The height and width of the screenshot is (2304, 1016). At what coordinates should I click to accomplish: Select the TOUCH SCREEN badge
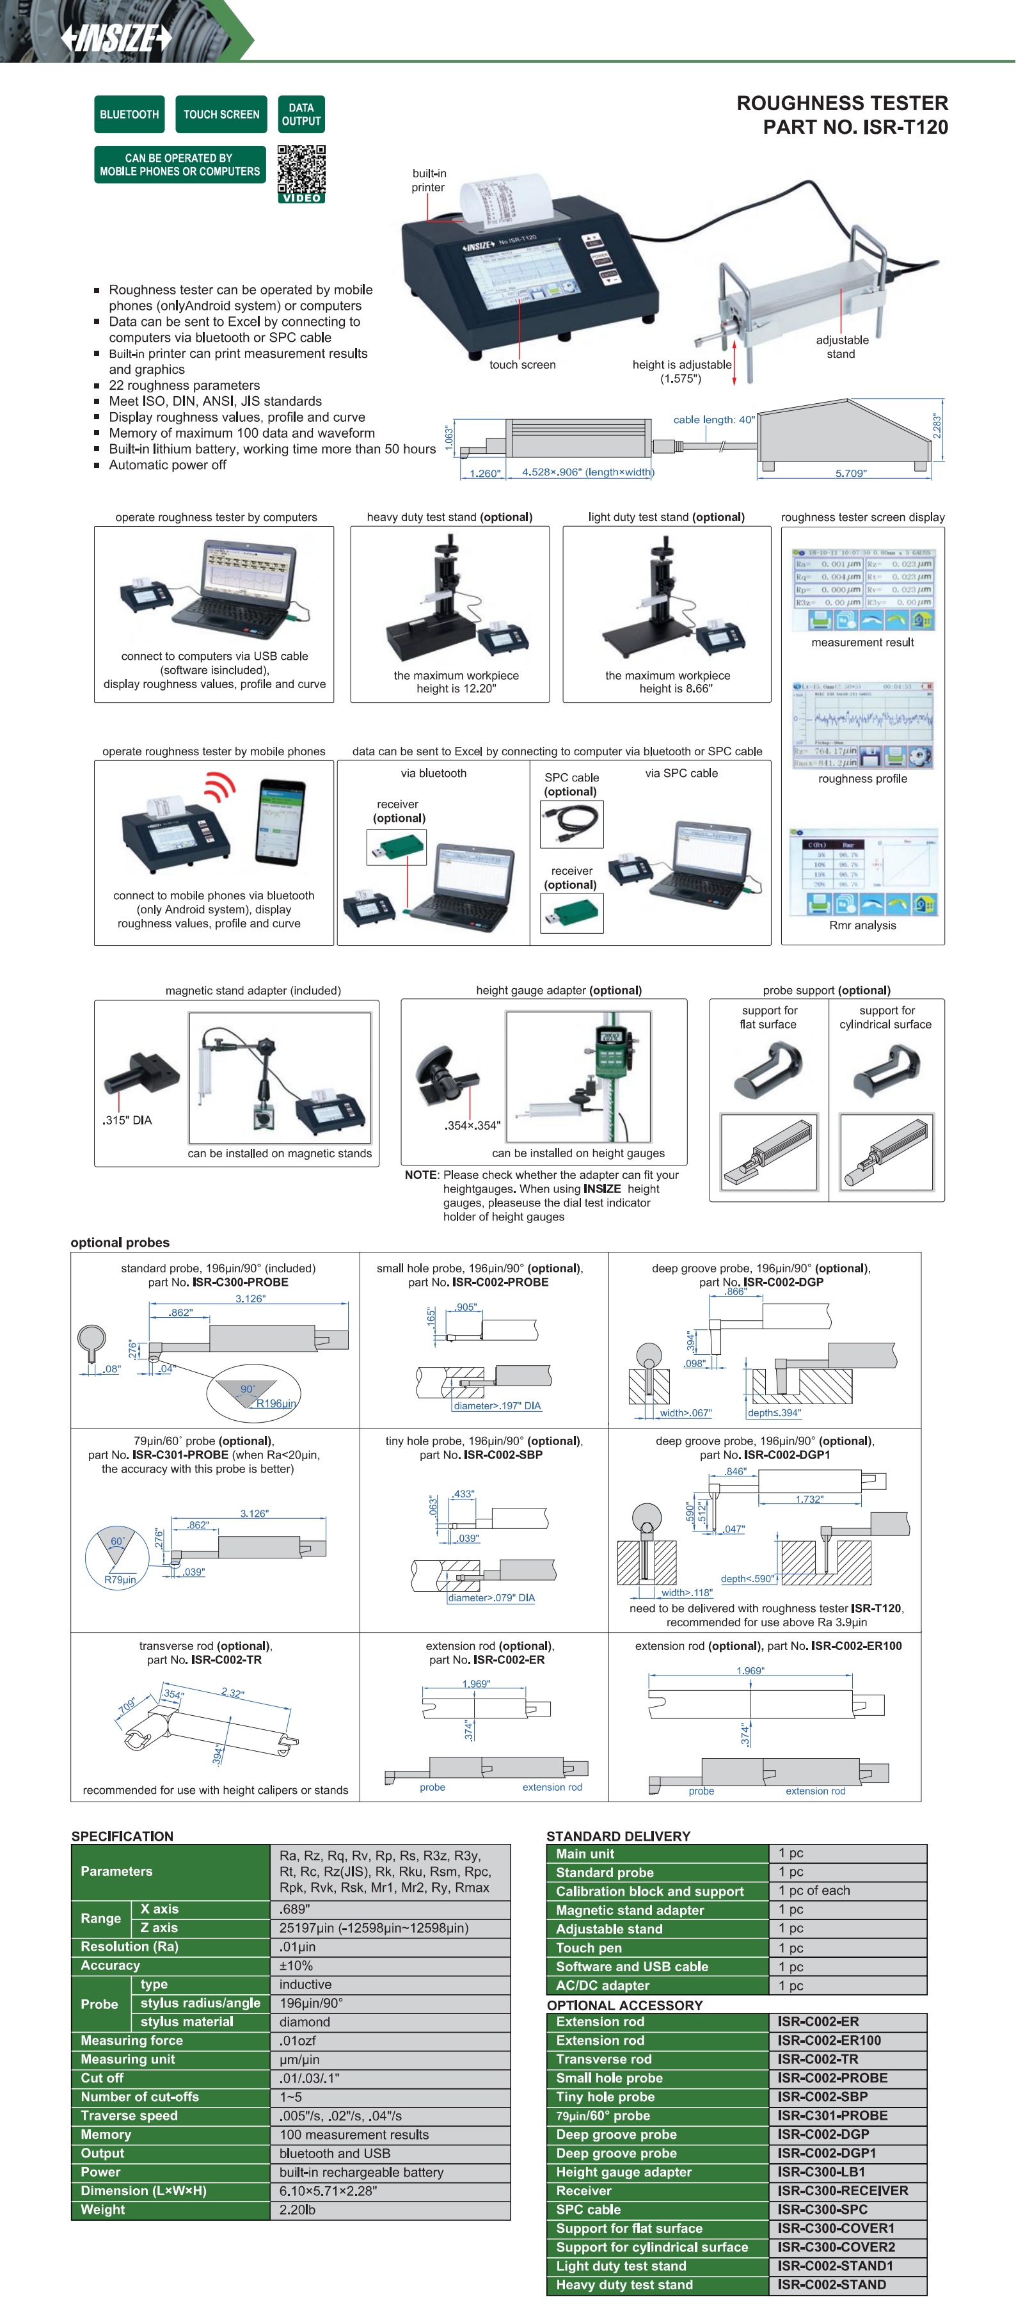click(221, 115)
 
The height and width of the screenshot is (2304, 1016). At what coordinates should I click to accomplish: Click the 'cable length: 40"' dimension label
click(714, 419)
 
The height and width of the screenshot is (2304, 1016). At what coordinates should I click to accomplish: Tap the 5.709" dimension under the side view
click(850, 473)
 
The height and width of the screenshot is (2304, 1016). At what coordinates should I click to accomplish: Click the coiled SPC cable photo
click(571, 823)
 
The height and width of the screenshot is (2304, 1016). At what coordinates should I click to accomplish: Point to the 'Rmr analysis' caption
click(862, 925)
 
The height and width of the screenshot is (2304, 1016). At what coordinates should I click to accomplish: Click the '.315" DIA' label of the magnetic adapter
click(127, 1120)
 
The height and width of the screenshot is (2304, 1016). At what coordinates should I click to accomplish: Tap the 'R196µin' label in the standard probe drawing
click(276, 1404)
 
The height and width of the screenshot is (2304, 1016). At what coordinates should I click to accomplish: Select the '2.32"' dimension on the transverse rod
click(232, 1692)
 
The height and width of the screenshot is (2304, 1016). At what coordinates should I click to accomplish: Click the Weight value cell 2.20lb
click(297, 2209)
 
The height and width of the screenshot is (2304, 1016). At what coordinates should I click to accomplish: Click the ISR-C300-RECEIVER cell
click(843, 2191)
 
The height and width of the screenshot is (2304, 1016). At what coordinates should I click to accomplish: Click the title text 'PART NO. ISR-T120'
click(855, 127)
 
